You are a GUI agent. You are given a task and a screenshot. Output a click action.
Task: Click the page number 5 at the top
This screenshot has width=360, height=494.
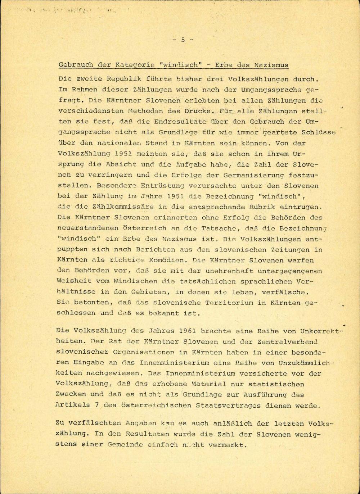point(183,40)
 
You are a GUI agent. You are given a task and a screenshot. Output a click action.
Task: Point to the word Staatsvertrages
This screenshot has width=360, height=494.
point(228,405)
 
